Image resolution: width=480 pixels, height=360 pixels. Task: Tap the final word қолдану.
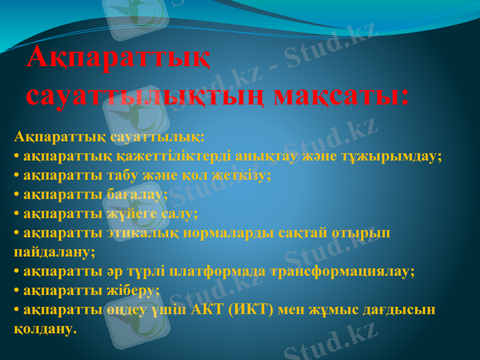click(x=46, y=329)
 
